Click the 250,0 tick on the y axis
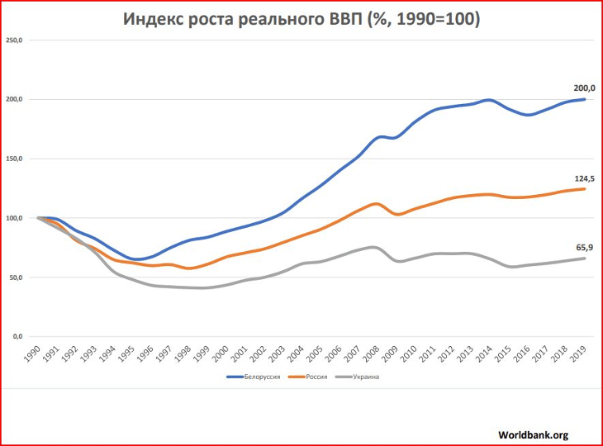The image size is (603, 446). click(x=16, y=40)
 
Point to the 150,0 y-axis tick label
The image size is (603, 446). click(x=16, y=159)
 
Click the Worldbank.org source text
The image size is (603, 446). click(x=534, y=434)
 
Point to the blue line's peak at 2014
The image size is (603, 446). click(x=489, y=100)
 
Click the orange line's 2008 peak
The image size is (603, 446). click(x=376, y=203)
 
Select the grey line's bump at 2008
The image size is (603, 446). click(x=374, y=247)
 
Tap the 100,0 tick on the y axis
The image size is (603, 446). click(x=16, y=218)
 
